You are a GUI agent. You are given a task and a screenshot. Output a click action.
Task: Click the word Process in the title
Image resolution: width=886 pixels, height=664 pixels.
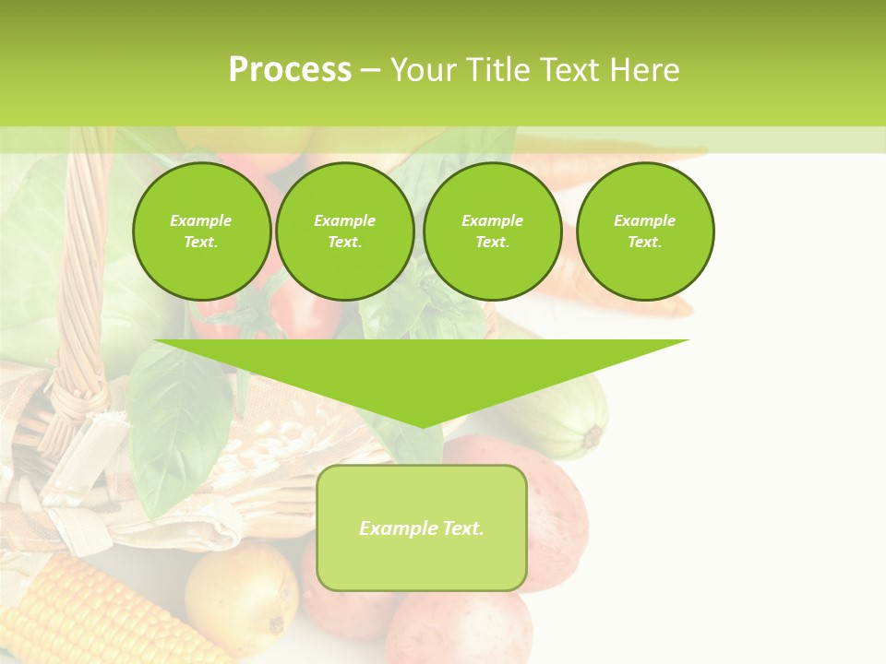(x=290, y=70)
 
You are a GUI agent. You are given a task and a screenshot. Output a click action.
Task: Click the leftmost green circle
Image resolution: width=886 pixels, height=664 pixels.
(x=202, y=231)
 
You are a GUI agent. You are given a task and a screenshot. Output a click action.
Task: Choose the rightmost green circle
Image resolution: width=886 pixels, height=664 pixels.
(x=645, y=231)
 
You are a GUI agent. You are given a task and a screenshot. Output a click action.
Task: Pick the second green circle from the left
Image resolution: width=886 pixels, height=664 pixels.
(x=345, y=231)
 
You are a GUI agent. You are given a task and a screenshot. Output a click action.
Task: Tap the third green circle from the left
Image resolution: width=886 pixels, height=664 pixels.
(x=493, y=231)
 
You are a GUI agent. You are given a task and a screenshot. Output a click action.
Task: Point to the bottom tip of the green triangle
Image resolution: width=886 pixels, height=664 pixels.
(x=422, y=425)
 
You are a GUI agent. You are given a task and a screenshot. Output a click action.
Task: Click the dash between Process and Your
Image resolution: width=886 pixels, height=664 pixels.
(x=370, y=70)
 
